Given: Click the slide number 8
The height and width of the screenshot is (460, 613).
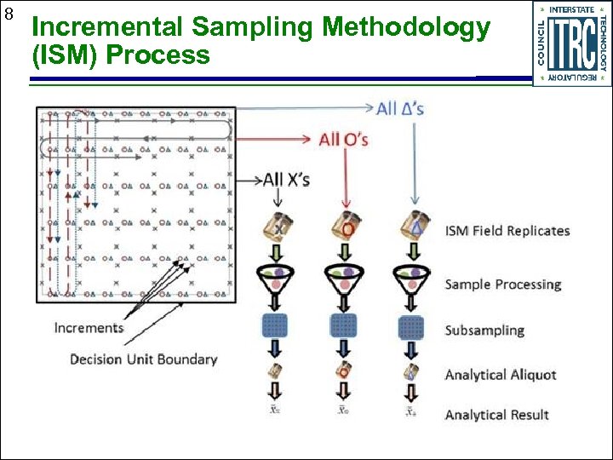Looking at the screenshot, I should [x=9, y=14].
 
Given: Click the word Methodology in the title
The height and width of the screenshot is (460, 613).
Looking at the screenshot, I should [x=406, y=28].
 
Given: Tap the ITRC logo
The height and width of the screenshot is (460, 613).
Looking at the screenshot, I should [x=571, y=43].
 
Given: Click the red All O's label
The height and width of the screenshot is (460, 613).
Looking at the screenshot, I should [x=343, y=138].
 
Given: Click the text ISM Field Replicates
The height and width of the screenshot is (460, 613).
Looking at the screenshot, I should [x=507, y=231].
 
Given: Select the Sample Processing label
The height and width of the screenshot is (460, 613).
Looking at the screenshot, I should [x=502, y=285].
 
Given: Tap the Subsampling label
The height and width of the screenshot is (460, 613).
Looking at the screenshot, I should [x=484, y=331].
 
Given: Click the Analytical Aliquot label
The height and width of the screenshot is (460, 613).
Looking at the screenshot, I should [x=500, y=375].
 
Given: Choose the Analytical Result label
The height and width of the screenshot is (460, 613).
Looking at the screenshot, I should [x=496, y=415].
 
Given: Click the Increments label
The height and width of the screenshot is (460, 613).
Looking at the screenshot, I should [x=89, y=328].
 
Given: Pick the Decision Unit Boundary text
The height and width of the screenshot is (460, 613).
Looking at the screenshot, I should [x=143, y=359].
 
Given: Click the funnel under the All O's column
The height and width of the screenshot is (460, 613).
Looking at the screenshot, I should [x=344, y=278].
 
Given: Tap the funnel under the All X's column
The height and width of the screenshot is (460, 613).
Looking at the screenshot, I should [x=278, y=278].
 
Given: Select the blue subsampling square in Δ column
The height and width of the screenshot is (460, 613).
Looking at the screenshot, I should [x=412, y=326].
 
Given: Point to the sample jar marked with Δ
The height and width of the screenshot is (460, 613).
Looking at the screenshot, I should [x=413, y=225].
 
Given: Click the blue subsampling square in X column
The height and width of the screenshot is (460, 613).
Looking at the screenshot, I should [x=278, y=326].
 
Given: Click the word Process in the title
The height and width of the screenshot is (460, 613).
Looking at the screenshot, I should [x=168, y=56].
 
